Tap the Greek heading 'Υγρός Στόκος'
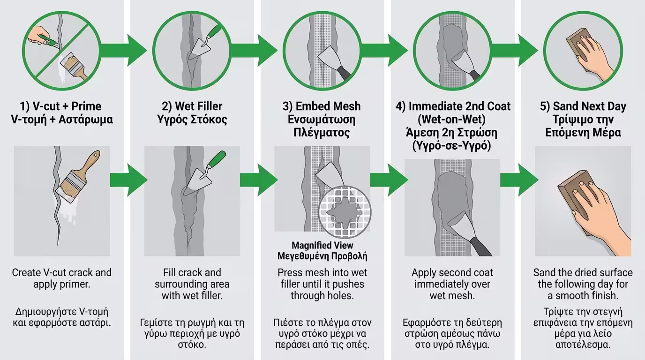coord(192,120)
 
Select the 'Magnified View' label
coord(322,245)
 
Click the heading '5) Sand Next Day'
coord(583,106)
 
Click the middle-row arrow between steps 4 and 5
coord(518,180)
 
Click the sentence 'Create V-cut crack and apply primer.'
coord(62,278)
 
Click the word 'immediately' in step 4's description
coord(452,284)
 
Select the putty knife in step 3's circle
coord(333,59)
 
